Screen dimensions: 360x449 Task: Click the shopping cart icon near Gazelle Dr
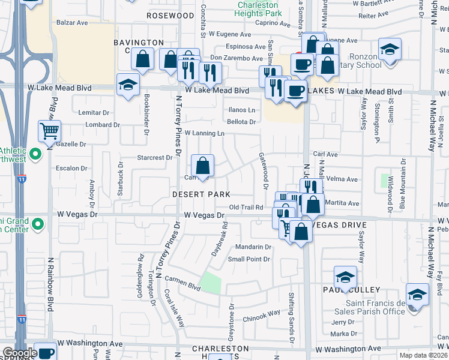(49, 130)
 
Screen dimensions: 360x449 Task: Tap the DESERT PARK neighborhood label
(201, 194)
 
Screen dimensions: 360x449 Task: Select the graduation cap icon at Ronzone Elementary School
(390, 49)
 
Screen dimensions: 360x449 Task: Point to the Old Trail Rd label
(247, 207)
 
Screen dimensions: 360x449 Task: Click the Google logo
(19, 353)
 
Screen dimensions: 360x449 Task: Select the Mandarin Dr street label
(253, 247)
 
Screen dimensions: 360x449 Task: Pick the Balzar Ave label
(72, 22)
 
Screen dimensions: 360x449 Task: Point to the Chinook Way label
(261, 313)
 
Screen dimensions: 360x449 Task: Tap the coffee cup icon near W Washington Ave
(45, 353)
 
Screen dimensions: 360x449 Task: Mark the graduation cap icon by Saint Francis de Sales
(417, 295)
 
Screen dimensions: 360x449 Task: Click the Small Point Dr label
(249, 259)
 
